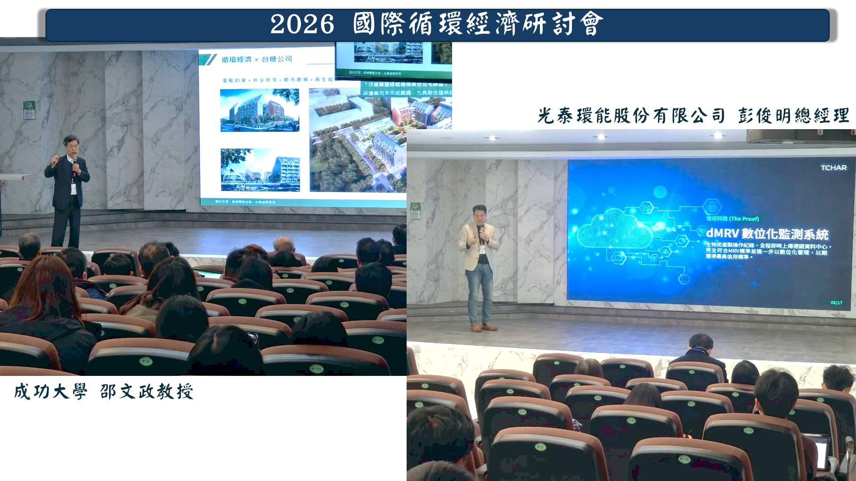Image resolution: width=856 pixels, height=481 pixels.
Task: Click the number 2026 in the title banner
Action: tap(302, 24)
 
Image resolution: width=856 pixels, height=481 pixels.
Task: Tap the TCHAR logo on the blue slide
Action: tap(833, 168)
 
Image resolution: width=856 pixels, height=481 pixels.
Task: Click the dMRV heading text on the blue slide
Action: tap(767, 234)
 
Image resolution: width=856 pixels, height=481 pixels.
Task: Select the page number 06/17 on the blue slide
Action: tap(836, 303)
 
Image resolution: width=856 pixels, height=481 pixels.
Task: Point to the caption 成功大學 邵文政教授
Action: tap(103, 392)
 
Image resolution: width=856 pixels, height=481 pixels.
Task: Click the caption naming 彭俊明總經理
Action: tap(693, 116)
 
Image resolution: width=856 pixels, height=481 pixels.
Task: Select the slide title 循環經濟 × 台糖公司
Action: tap(257, 59)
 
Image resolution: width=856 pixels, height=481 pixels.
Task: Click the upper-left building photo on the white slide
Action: tap(259, 110)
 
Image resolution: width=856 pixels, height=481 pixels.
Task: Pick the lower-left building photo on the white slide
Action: tap(260, 170)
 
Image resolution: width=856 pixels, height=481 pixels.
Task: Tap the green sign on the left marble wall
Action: tap(29, 110)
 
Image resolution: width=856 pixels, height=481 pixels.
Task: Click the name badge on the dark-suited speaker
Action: tap(73, 189)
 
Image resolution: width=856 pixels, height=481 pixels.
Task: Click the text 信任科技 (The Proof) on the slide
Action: tap(733, 219)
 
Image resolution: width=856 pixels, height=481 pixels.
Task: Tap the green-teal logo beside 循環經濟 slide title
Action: tap(208, 60)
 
